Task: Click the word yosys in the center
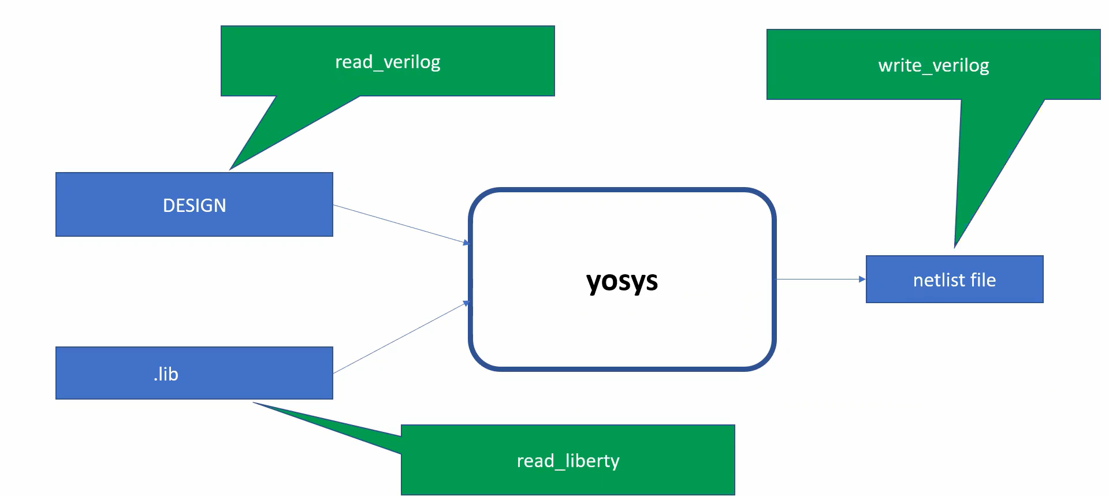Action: tap(622, 281)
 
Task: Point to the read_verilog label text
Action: tap(388, 61)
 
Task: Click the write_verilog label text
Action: tap(933, 65)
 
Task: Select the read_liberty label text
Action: tap(568, 461)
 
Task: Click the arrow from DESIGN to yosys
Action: tap(400, 223)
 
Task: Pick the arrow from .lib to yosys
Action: tap(400, 338)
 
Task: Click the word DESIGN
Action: tap(194, 206)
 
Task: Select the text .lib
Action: tap(166, 374)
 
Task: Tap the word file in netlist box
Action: tap(983, 280)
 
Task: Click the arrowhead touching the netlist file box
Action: tap(862, 279)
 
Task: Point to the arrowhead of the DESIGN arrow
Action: tap(466, 243)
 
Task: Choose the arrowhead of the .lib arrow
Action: tap(466, 303)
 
